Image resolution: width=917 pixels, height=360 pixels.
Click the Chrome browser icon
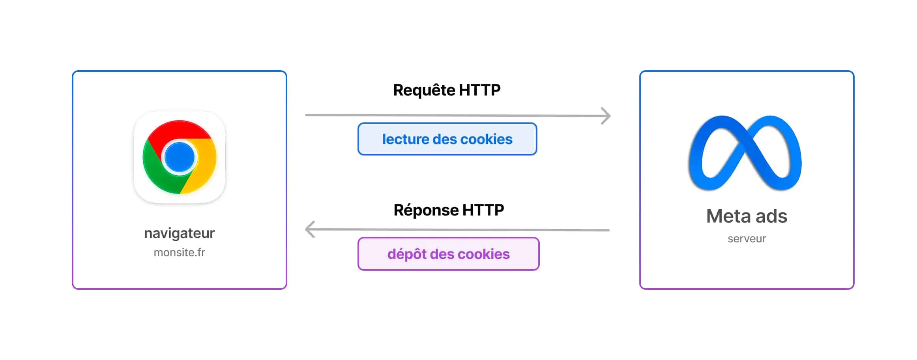180,157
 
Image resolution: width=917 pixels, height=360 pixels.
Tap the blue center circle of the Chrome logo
180,157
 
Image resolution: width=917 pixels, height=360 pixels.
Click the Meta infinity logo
745,153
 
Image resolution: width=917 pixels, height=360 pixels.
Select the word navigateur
179,233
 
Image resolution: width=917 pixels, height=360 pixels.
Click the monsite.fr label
179,252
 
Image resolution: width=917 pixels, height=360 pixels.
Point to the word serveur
747,238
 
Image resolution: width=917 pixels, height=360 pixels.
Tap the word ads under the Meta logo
771,216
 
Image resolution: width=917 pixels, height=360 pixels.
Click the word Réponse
426,210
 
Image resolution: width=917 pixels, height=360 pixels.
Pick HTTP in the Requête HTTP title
479,90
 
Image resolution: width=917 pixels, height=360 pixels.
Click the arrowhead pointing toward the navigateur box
310,229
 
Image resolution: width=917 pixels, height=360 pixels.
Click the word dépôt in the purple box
406,254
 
